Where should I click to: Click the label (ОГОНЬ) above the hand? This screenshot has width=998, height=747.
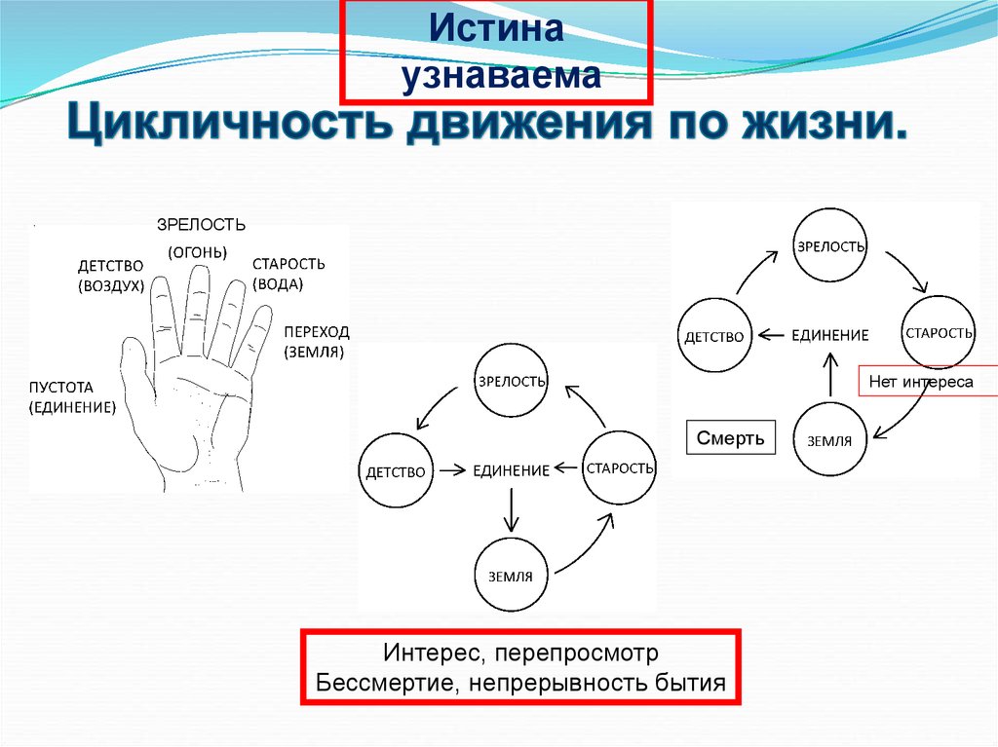(x=197, y=252)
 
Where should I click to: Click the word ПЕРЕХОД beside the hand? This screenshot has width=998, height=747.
(x=317, y=331)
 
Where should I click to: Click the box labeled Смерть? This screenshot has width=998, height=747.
(x=730, y=437)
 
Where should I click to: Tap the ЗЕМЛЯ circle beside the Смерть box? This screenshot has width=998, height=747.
(x=829, y=440)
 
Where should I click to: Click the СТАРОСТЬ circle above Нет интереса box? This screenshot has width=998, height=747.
(x=938, y=333)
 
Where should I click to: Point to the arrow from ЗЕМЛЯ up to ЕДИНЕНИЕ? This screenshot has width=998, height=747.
(x=830, y=372)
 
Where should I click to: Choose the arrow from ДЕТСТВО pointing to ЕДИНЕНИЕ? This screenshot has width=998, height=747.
(x=450, y=470)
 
